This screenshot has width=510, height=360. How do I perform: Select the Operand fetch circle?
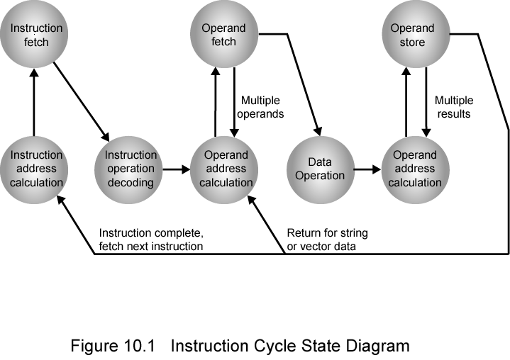click(x=223, y=35)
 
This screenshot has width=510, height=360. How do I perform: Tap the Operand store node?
click(x=412, y=35)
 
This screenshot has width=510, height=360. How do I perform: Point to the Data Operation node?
click(x=319, y=169)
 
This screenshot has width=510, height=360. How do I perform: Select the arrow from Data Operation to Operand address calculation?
click(x=365, y=169)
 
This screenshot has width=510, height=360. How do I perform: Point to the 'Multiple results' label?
click(x=453, y=107)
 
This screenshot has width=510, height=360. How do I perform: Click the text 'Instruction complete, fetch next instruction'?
click(x=150, y=240)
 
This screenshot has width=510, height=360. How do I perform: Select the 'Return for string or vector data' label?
click(x=327, y=240)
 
